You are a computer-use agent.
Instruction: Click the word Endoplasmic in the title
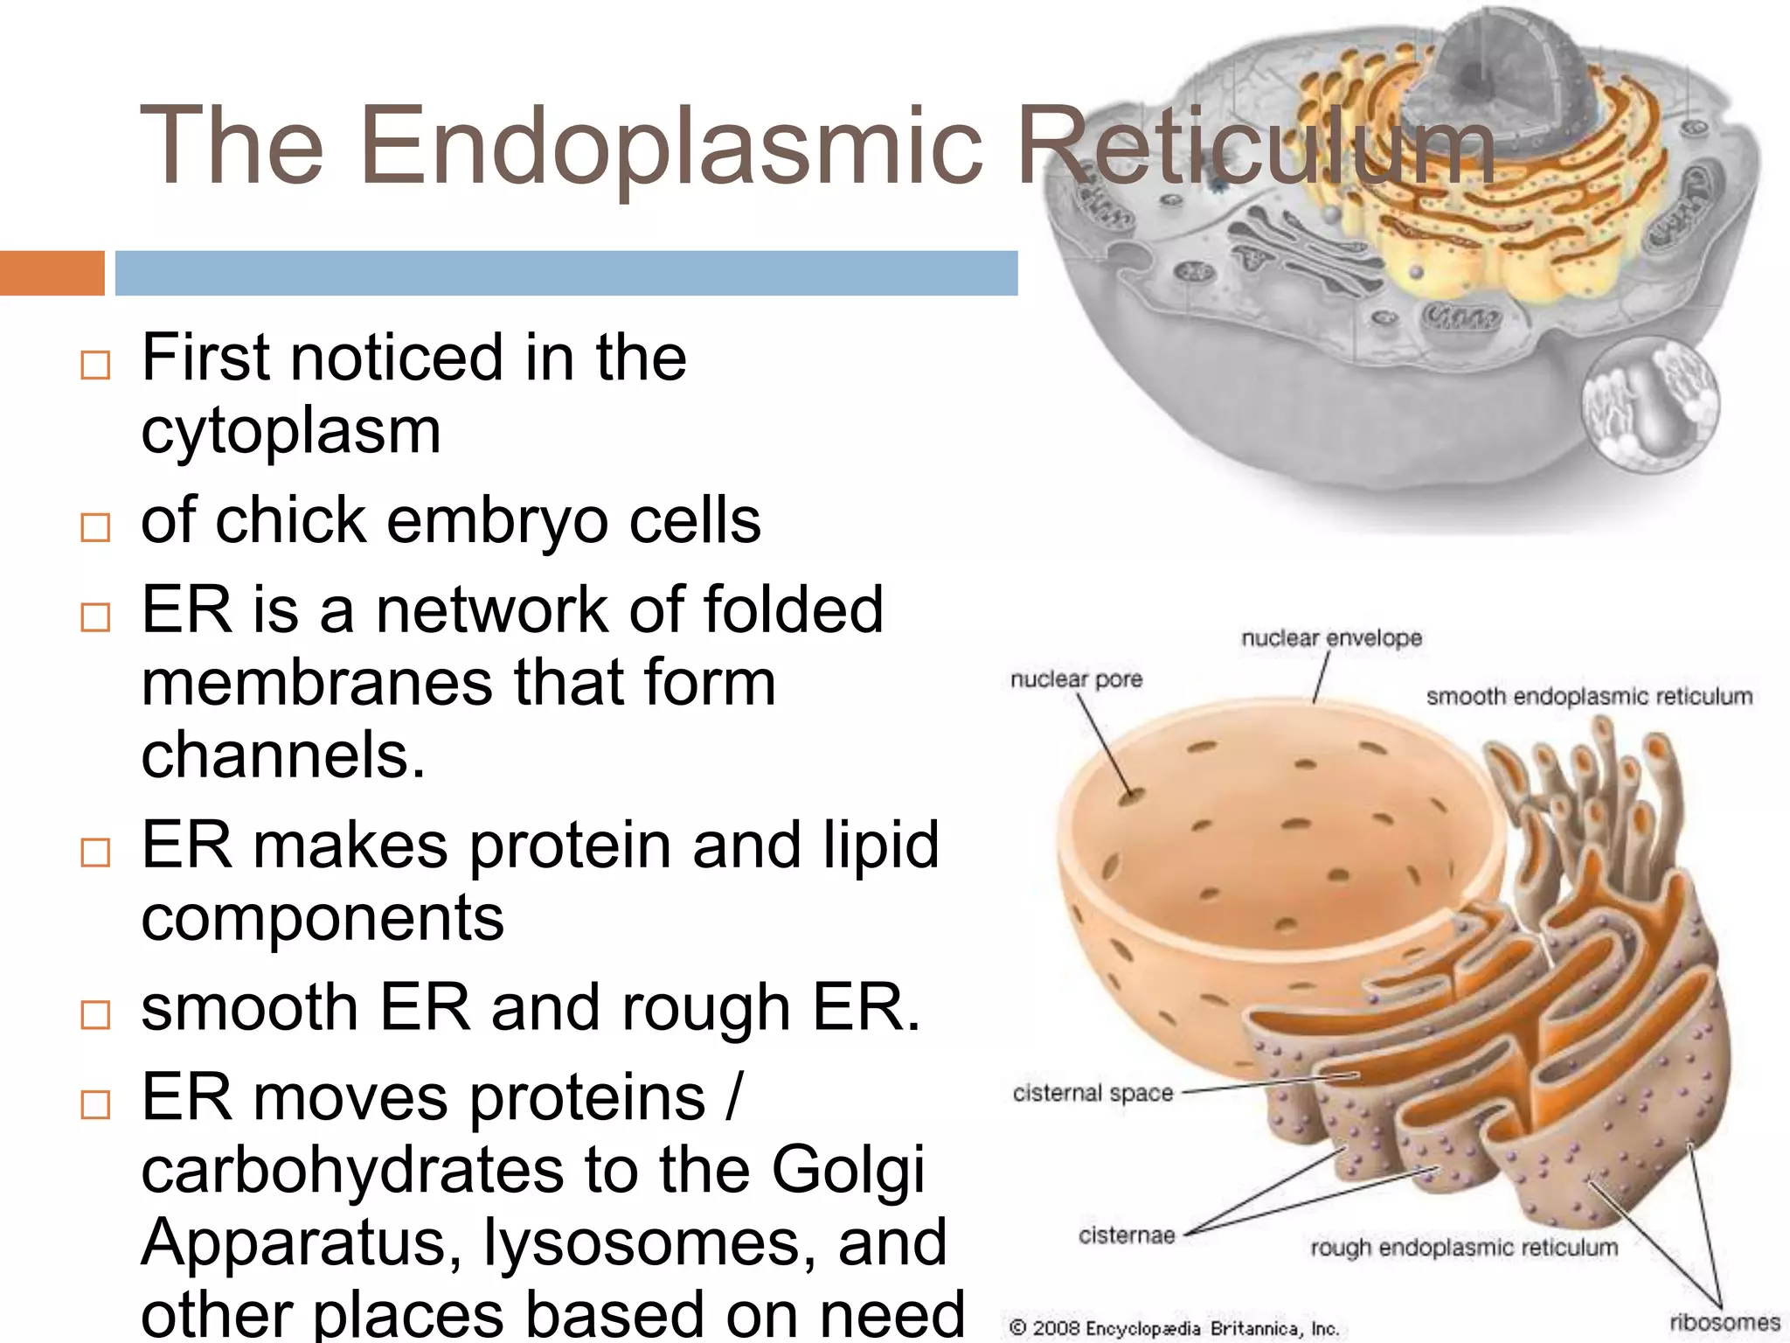click(671, 146)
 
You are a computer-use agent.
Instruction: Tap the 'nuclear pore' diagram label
click(1076, 679)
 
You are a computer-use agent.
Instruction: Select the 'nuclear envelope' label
click(1331, 638)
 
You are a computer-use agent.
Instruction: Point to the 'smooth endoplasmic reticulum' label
click(1589, 697)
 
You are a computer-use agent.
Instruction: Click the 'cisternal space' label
click(1093, 1093)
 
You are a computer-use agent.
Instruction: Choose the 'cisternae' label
click(1127, 1235)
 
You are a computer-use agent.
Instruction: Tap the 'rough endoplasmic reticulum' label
click(1464, 1248)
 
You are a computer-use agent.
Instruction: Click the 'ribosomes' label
click(1724, 1322)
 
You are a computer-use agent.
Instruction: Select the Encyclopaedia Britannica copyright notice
click(1174, 1328)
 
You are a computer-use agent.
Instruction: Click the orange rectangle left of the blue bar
click(52, 273)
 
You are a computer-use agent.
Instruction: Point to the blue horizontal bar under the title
click(566, 273)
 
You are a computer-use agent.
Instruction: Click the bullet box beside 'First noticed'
click(95, 365)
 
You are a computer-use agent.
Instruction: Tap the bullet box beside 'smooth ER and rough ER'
click(95, 1015)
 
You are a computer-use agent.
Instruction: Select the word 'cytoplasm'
click(291, 431)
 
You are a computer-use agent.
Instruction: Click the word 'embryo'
click(497, 521)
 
